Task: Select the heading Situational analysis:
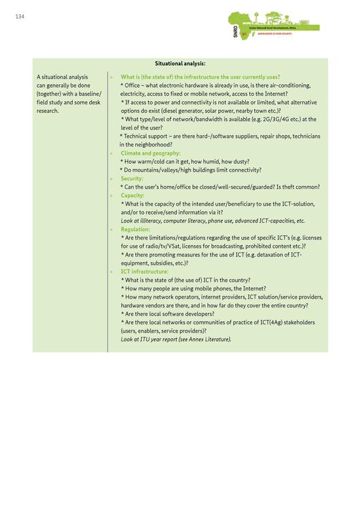click(180, 63)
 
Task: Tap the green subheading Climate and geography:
click(150, 153)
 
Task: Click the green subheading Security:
click(132, 178)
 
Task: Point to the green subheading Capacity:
click(132, 195)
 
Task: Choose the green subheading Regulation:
click(135, 229)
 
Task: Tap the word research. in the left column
click(48, 111)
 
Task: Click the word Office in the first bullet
click(137, 86)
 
